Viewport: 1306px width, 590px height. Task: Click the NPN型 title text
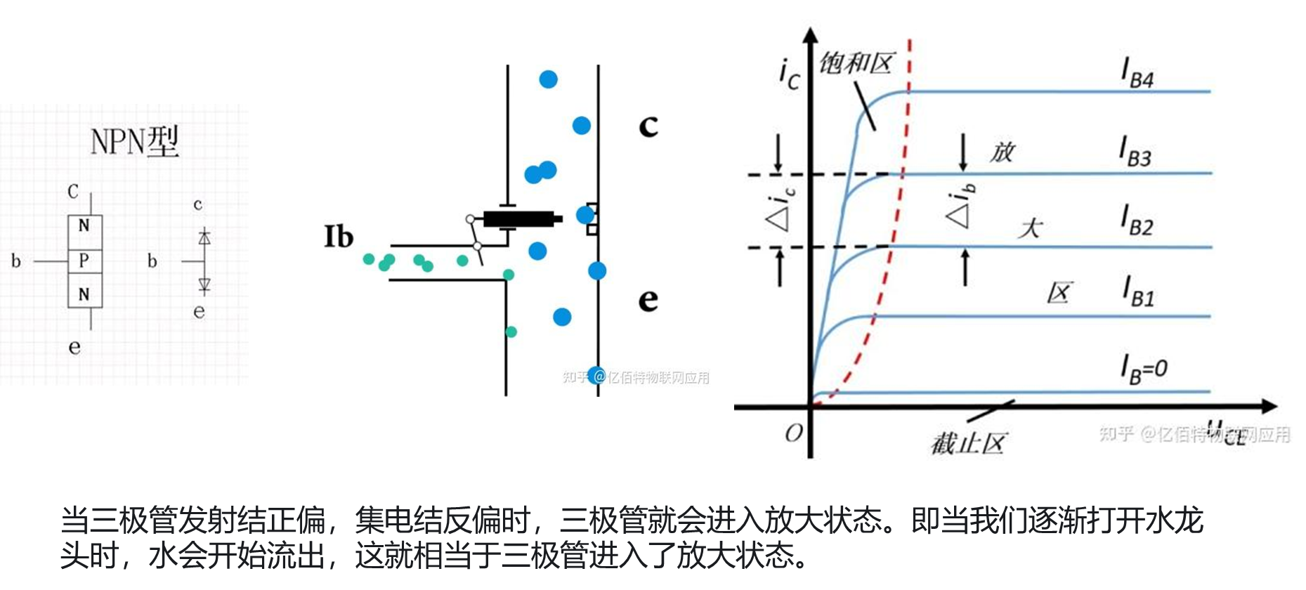point(134,141)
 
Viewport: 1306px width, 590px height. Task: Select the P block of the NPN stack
point(84,261)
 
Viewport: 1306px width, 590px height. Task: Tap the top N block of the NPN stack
point(84,225)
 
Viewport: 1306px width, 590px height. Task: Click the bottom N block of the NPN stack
point(84,294)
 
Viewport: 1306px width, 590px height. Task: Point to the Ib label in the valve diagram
point(338,237)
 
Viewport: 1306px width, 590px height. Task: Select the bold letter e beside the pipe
point(648,300)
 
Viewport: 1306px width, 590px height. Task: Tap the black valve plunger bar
point(520,219)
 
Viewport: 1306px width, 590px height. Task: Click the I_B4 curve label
point(1137,74)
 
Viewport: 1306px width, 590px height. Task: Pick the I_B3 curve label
point(1135,152)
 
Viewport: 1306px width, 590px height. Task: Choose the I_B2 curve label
point(1137,221)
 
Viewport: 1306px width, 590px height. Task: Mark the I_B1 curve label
point(1138,291)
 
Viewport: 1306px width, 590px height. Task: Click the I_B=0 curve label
point(1144,369)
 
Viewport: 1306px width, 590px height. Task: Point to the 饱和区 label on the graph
point(856,64)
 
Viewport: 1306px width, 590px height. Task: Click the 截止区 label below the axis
point(968,443)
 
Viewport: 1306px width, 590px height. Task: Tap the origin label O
point(793,433)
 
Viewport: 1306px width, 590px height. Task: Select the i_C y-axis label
point(789,74)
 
